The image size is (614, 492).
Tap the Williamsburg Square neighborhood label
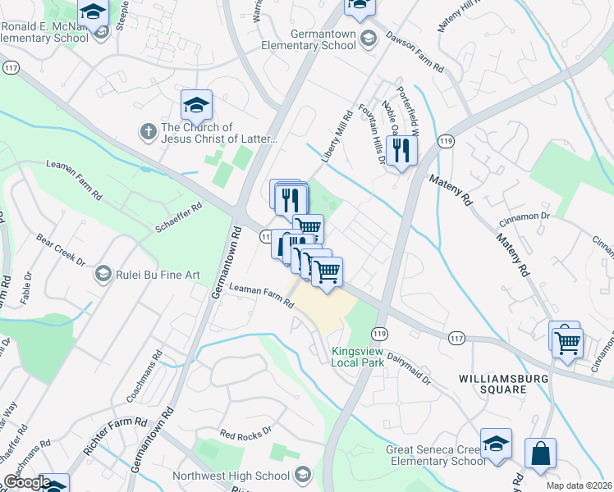click(492, 384)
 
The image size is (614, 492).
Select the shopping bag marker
click(540, 453)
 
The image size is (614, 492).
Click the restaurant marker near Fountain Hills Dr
click(401, 151)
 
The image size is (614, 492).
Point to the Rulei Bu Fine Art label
click(158, 275)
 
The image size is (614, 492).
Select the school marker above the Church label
click(196, 106)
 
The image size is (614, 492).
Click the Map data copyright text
click(578, 485)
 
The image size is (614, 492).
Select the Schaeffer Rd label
click(178, 218)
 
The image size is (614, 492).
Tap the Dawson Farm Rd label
click(415, 53)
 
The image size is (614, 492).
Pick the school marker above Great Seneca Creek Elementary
click(495, 444)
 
